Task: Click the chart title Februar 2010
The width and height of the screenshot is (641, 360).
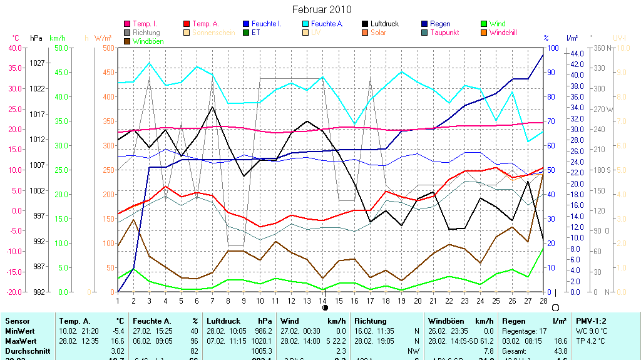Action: point(322,9)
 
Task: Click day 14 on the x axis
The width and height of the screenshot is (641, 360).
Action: point(323,301)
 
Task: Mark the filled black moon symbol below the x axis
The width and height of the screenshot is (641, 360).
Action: point(325,308)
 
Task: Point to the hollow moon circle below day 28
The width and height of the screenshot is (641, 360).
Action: point(555,307)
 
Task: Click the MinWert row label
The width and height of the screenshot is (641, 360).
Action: point(18,331)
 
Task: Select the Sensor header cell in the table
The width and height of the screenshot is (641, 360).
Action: point(17,321)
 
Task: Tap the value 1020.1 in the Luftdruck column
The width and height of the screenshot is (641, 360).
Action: point(263,341)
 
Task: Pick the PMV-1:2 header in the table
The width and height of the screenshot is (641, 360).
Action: point(591,321)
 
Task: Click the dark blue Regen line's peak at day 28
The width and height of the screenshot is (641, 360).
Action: point(543,55)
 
